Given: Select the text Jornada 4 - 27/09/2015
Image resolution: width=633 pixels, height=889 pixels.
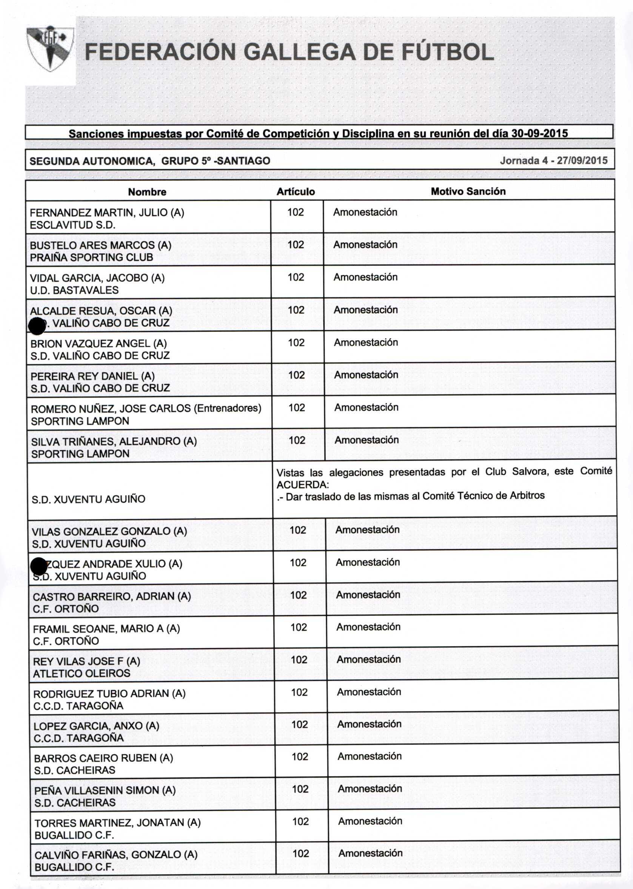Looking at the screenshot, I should click(553, 160).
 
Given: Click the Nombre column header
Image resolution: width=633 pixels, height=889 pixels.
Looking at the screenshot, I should click(147, 192).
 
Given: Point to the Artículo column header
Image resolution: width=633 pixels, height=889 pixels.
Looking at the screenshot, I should click(296, 192).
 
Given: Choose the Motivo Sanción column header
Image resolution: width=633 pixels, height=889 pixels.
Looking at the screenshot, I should click(468, 191).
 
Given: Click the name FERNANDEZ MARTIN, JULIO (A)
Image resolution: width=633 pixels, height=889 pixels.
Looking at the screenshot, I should click(107, 213).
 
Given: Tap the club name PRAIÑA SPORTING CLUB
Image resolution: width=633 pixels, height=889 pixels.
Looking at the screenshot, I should click(91, 257).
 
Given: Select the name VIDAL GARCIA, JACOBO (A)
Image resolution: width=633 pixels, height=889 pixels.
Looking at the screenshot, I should click(97, 278).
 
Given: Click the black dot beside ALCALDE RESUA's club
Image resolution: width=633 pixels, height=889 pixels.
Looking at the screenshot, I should click(37, 326).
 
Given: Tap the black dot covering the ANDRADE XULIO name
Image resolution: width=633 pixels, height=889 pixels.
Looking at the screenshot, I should click(39, 566).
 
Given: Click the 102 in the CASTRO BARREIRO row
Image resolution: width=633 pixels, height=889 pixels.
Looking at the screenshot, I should click(298, 595).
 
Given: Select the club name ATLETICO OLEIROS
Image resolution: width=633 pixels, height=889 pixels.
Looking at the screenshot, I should click(82, 673).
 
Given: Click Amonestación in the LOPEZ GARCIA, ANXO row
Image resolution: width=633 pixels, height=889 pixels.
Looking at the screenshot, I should click(369, 724).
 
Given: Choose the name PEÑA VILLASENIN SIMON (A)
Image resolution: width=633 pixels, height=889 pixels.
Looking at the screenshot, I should click(105, 790).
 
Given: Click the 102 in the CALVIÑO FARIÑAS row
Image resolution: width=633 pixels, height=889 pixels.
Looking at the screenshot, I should click(300, 853).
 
